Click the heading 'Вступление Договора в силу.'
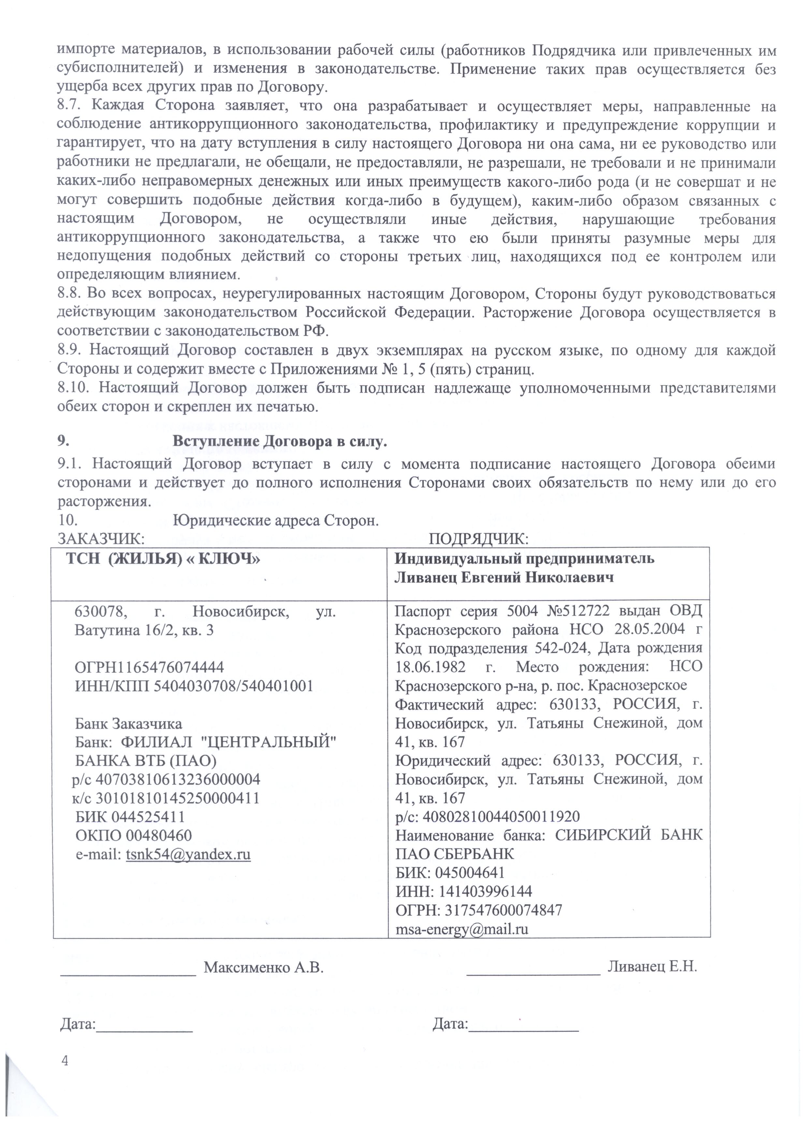(x=279, y=441)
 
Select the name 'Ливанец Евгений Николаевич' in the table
(x=504, y=577)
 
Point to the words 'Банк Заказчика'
(x=128, y=724)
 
